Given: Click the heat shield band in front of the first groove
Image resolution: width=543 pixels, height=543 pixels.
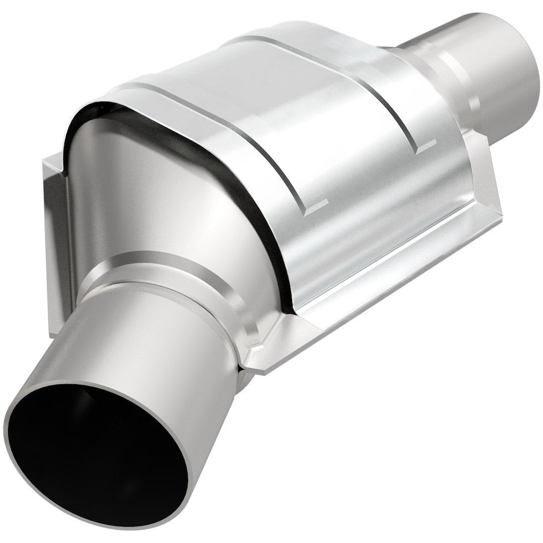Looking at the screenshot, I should point(236,151).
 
